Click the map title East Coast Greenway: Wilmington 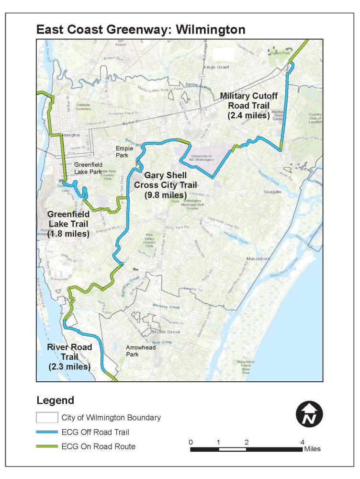[x=140, y=30]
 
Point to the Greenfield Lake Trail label [x=68, y=223]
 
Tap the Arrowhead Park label [x=140, y=351]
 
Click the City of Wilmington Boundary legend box [x=46, y=417]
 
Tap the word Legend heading [x=55, y=399]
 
